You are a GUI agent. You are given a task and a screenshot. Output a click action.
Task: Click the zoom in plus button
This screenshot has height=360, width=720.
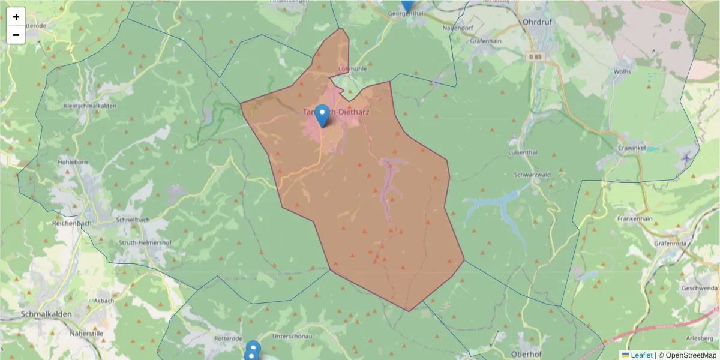click(16, 17)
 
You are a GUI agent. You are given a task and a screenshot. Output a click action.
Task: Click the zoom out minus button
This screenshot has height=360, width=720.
click(16, 35)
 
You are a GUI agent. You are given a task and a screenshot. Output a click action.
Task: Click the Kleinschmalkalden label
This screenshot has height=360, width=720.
click(90, 106)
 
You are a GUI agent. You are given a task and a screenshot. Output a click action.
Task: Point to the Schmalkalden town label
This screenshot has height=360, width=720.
click(46, 314)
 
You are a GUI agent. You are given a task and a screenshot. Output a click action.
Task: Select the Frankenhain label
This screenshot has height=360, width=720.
click(635, 219)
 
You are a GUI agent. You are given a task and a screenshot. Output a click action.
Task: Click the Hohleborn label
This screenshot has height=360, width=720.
click(73, 162)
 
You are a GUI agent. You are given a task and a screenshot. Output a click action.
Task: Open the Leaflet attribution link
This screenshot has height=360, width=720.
click(641, 355)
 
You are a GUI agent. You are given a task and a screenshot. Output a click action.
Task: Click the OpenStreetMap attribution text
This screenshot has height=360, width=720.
click(691, 355)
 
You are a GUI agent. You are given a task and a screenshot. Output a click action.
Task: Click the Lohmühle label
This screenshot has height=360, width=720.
click(352, 68)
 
